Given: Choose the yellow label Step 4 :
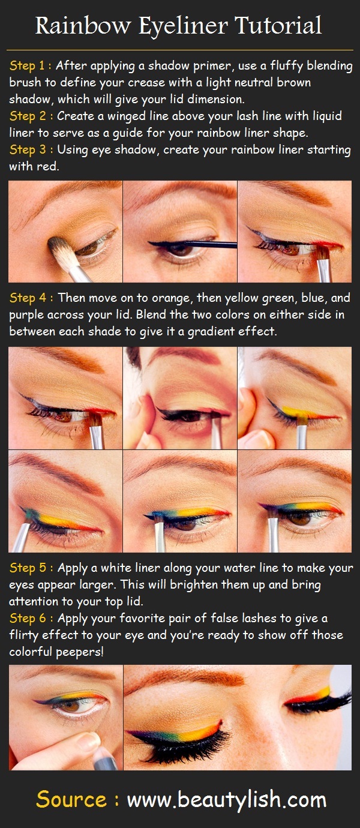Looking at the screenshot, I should pos(31,298).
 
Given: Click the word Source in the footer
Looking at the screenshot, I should pos(71,800).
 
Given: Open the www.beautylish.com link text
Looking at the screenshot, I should pos(227,800).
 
